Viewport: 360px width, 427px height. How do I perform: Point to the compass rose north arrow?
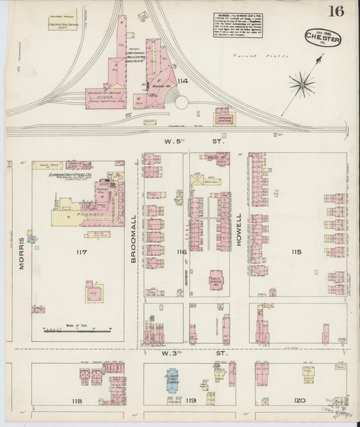tap(301, 85)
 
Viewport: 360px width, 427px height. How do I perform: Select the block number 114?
tap(182, 82)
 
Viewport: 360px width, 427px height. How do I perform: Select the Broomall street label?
tap(134, 222)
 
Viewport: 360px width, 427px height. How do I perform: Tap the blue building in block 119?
tap(175, 380)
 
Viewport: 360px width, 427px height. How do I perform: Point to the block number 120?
tap(299, 401)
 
